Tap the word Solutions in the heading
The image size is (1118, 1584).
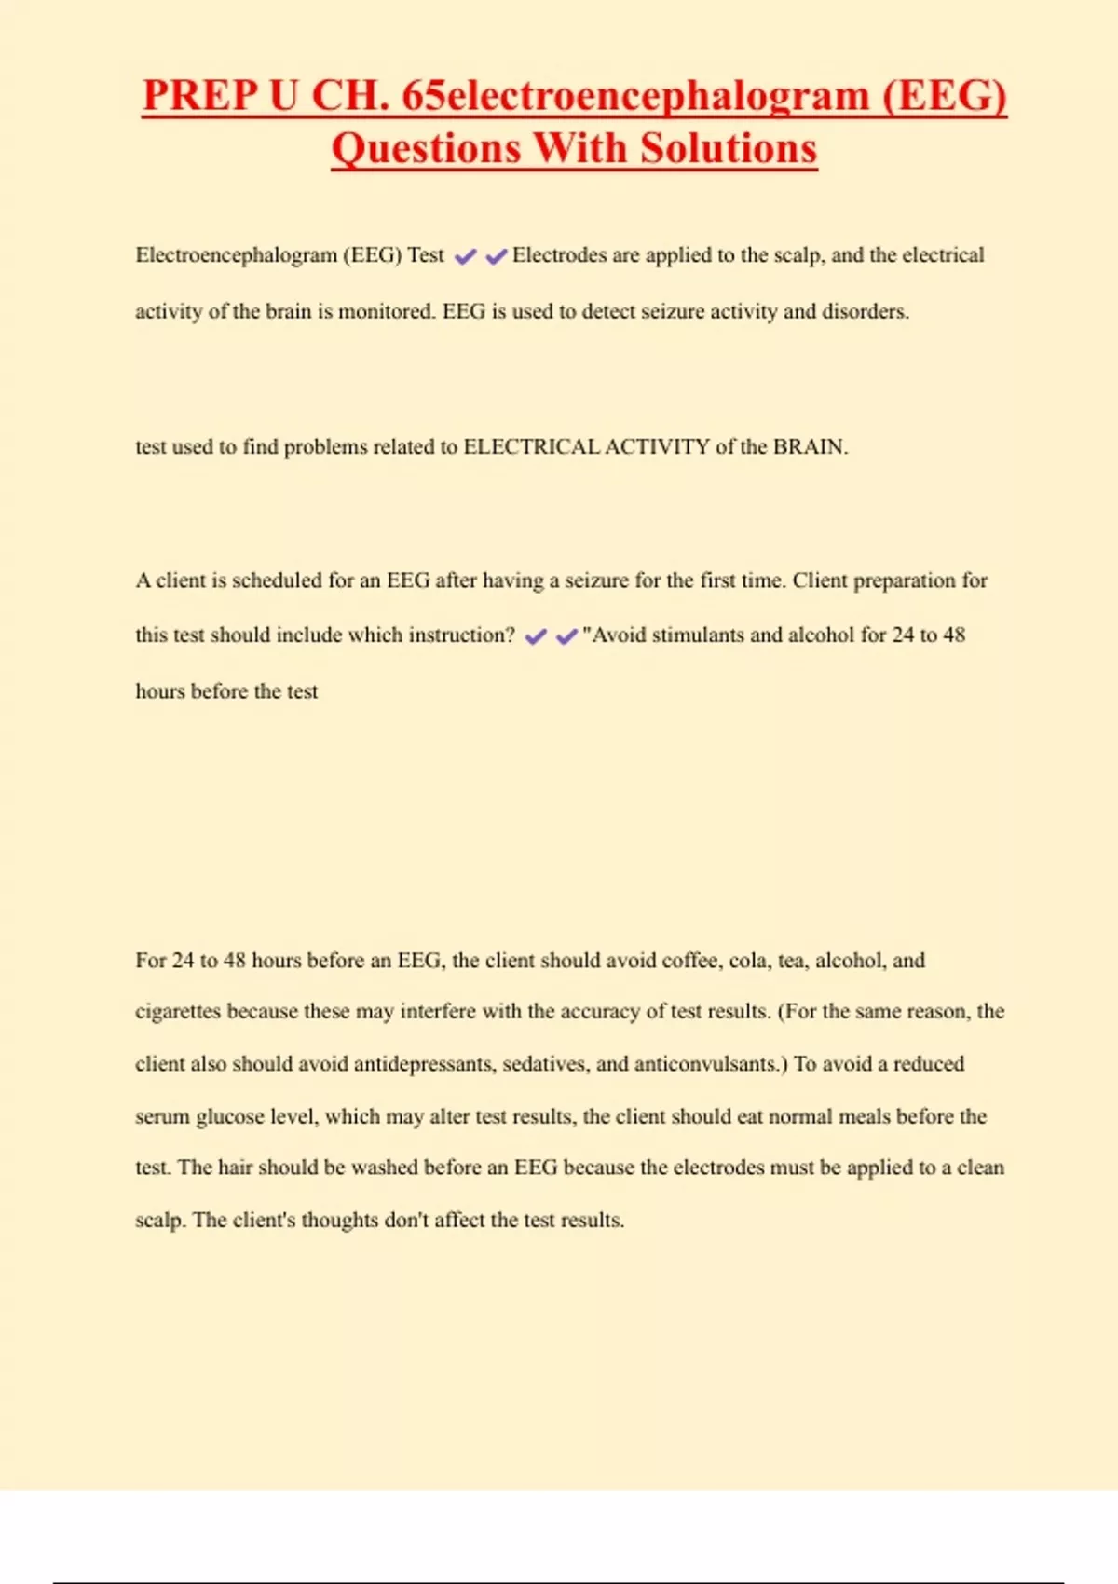coord(729,149)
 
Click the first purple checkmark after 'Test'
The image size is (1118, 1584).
coord(465,256)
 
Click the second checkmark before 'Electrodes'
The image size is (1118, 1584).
coord(497,256)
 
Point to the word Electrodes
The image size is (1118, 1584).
coord(559,255)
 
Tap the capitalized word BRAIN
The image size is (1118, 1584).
coord(809,447)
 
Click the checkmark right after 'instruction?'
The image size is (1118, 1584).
coord(536,636)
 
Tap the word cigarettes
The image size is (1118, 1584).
coord(178,1012)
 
